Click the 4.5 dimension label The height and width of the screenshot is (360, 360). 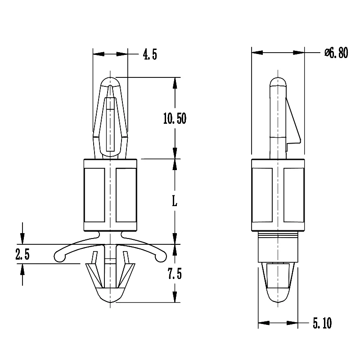coord(150,55)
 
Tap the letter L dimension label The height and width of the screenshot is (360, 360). coord(175,202)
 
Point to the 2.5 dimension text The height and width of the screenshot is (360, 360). coord(22,255)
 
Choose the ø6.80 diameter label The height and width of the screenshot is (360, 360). coord(336,53)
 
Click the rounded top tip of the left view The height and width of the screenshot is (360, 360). coord(110,81)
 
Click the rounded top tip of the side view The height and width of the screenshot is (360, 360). coord(278,81)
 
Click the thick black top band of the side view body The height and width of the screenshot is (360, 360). coord(278,163)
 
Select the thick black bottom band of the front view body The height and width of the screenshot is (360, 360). coord(110,226)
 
